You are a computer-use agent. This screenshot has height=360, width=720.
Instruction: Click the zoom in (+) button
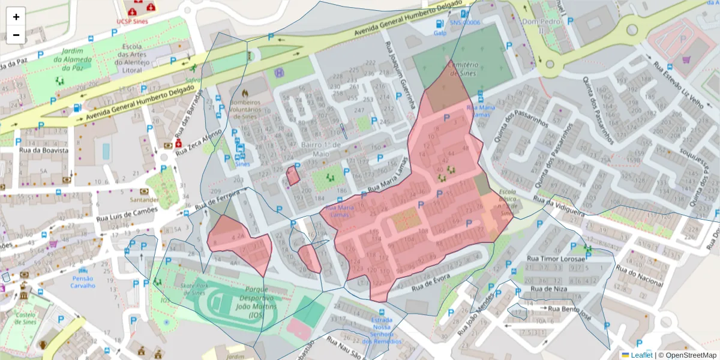click(x=16, y=17)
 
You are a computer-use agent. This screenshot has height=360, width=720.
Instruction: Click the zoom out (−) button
click(x=16, y=35)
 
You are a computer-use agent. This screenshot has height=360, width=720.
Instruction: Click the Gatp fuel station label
click(x=440, y=33)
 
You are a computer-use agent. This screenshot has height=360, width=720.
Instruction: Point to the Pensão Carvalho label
click(x=83, y=282)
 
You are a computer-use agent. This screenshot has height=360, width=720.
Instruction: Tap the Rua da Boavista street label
click(x=43, y=150)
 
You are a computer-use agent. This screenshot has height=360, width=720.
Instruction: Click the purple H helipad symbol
click(x=280, y=73)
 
